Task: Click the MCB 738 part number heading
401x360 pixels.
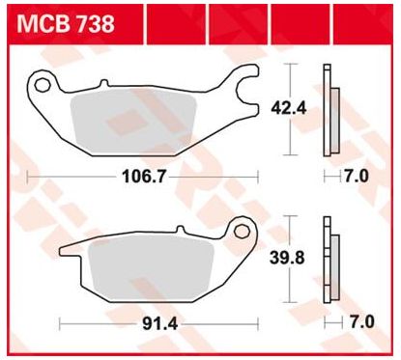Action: [66, 23]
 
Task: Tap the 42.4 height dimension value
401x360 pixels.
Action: [289, 108]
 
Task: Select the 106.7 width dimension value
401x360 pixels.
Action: [144, 177]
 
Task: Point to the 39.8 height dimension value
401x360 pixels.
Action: [287, 258]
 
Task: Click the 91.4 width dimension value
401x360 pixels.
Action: [160, 323]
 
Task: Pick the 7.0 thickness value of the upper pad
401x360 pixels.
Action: [357, 176]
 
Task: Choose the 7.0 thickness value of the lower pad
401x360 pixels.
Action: [362, 322]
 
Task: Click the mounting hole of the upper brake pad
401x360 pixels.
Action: [43, 86]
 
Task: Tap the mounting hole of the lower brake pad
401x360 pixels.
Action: [242, 232]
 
